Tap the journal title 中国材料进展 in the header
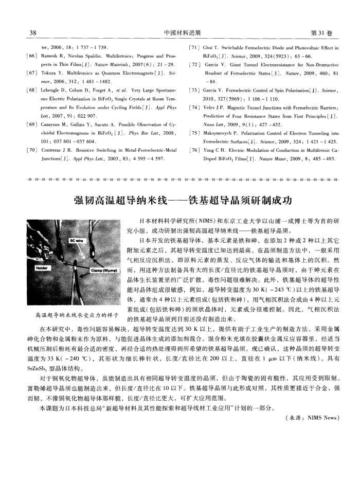point(179,34)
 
